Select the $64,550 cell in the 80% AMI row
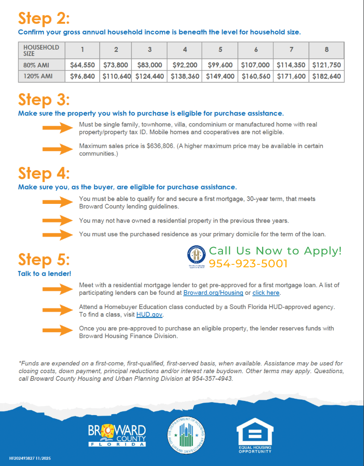click(82, 65)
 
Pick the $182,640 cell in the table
click(326, 76)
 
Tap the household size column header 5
click(221, 50)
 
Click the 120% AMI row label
click(38, 76)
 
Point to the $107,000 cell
click(255, 65)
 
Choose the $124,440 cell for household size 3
click(149, 76)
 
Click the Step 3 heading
click(44, 100)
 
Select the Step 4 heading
click(44, 173)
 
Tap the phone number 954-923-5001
click(248, 263)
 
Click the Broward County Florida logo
click(118, 435)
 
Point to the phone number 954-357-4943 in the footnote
click(212, 378)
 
